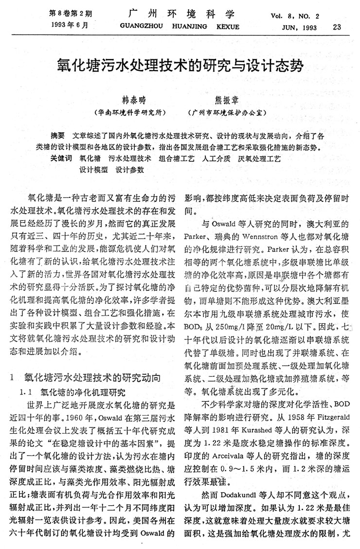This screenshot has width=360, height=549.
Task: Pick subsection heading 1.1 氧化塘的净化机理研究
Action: coord(73,391)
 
